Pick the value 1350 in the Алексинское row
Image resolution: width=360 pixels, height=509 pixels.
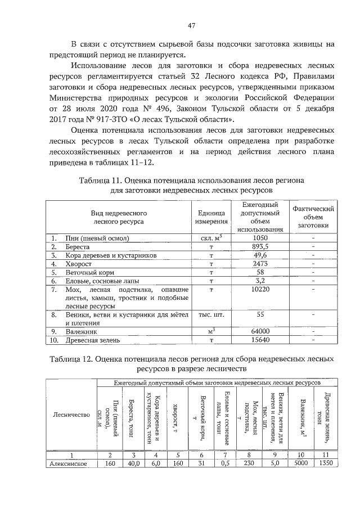tap(327, 464)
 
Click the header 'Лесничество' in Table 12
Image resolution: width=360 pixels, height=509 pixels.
tap(71, 415)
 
